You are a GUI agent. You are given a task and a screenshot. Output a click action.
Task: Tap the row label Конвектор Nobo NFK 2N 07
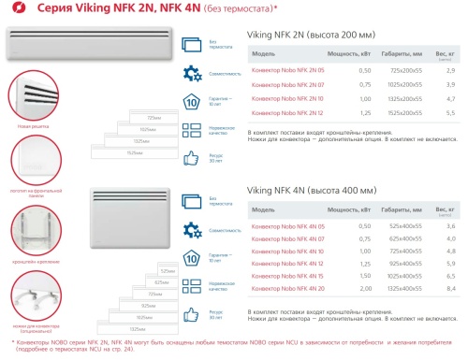[x=290, y=84]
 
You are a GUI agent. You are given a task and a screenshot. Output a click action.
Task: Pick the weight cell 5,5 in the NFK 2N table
[x=450, y=111]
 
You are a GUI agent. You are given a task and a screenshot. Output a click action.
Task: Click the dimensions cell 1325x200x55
[x=405, y=98]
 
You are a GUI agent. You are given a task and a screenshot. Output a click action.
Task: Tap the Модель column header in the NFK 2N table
[x=264, y=54]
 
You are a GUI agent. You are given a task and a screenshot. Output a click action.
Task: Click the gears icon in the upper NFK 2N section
[x=192, y=72]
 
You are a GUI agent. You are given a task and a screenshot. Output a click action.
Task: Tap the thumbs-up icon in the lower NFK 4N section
[x=192, y=317]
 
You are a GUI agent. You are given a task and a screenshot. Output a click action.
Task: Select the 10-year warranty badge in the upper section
[x=192, y=101]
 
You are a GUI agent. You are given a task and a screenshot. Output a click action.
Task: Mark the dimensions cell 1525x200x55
[x=405, y=111]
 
